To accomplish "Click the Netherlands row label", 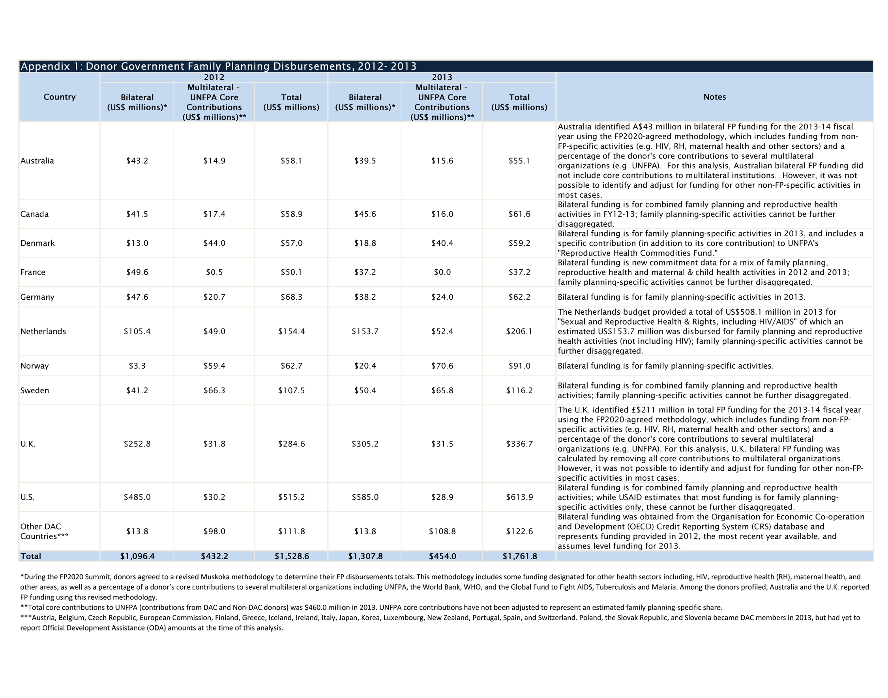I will coord(43,331).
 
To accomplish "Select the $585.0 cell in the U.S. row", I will coord(365,497).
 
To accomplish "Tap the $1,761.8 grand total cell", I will coord(519,556).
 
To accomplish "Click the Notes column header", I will coord(714,97).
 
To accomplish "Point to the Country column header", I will coord(59,97).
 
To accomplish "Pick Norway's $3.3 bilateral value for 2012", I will coord(137,366).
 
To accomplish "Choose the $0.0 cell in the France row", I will coord(442,272).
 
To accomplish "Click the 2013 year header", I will coord(442,77).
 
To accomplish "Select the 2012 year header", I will coord(214,77).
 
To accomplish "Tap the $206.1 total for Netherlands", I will coord(519,331).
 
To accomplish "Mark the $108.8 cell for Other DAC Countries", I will coord(442,531).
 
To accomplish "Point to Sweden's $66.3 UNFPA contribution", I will coord(214,390).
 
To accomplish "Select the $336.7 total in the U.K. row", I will coord(519,444).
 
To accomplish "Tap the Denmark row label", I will coord(37,243).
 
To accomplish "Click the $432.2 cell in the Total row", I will coord(214,556).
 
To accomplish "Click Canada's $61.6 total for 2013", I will coord(519,214).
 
